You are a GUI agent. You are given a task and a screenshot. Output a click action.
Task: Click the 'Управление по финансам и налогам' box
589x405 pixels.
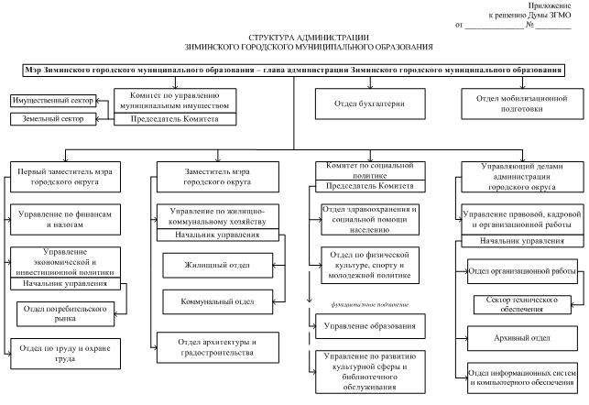click(x=64, y=216)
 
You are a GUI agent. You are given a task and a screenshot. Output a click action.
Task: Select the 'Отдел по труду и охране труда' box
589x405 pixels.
click(x=64, y=354)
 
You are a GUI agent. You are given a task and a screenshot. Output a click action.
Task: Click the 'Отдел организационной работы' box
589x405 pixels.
click(x=521, y=272)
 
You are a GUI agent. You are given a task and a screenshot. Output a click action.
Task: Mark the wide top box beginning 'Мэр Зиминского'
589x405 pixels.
click(x=293, y=71)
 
